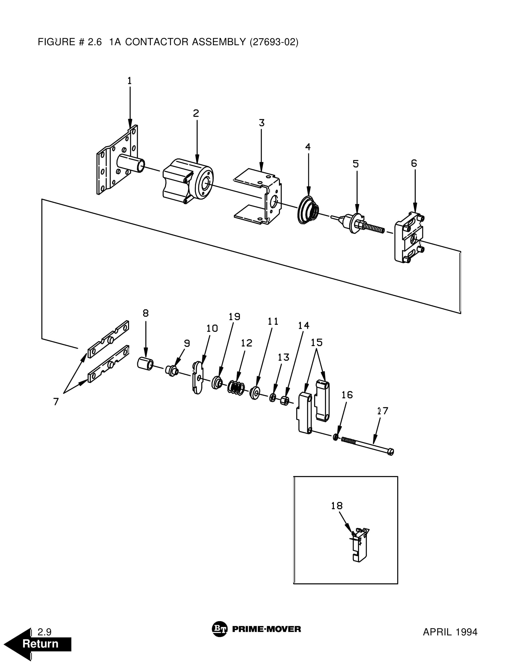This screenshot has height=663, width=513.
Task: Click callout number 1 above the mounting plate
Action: (x=130, y=81)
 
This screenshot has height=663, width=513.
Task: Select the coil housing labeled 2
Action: (x=188, y=180)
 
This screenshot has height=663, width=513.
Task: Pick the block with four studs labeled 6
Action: (x=409, y=238)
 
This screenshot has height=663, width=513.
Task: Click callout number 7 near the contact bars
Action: (x=56, y=402)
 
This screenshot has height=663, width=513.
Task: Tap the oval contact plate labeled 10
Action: (x=198, y=378)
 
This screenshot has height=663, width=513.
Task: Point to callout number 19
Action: (x=234, y=317)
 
